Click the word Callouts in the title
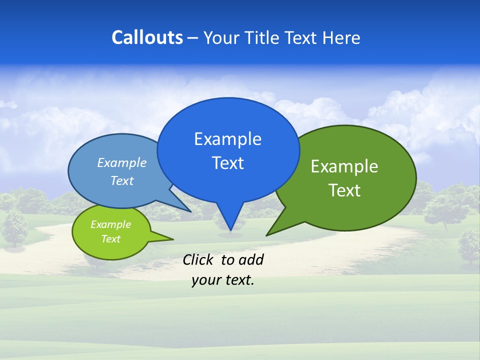147,37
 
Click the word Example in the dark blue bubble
227,139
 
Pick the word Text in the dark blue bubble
227,163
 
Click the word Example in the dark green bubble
344,166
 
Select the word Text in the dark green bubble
344,190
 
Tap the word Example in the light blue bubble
122,162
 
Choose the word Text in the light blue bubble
122,180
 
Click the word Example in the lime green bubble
110,224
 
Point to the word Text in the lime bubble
110,239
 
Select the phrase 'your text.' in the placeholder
223,280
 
